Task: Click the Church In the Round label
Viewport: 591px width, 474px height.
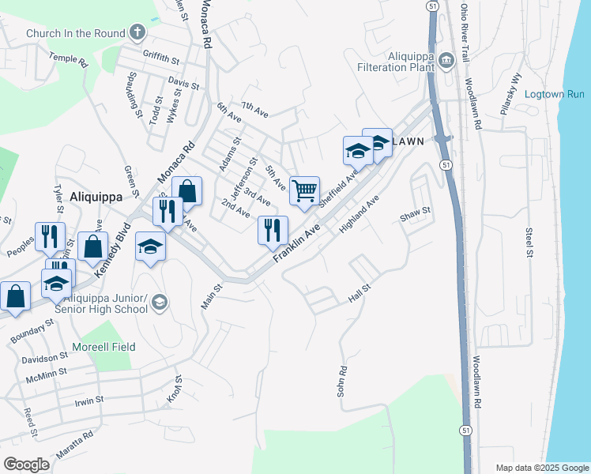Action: coord(75,33)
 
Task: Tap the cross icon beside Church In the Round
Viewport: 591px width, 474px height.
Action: coord(138,32)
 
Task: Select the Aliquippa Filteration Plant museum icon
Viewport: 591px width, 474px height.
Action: coord(446,59)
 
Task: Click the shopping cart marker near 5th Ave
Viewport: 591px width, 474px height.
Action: coord(304,190)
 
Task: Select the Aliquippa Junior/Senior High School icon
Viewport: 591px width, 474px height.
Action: coord(160,303)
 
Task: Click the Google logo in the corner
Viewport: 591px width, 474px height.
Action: coord(26,464)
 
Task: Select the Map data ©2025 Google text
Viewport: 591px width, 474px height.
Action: coord(542,468)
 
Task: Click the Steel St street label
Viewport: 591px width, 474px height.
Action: coord(529,242)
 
